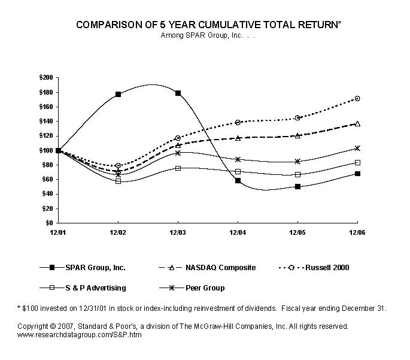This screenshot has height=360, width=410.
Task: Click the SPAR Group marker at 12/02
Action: (119, 94)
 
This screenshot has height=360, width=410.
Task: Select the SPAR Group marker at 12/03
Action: (178, 93)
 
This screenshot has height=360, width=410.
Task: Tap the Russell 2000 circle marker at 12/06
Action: (357, 98)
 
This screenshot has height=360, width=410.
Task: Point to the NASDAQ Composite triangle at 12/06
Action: (357, 123)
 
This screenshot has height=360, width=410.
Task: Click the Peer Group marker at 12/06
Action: (357, 148)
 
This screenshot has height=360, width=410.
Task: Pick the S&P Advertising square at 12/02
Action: (119, 181)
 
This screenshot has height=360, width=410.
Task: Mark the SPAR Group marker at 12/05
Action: (297, 186)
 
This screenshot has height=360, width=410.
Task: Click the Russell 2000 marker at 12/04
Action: (238, 122)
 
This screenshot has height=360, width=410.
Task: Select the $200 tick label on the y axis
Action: (45, 77)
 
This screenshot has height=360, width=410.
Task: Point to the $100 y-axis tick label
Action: (45, 150)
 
